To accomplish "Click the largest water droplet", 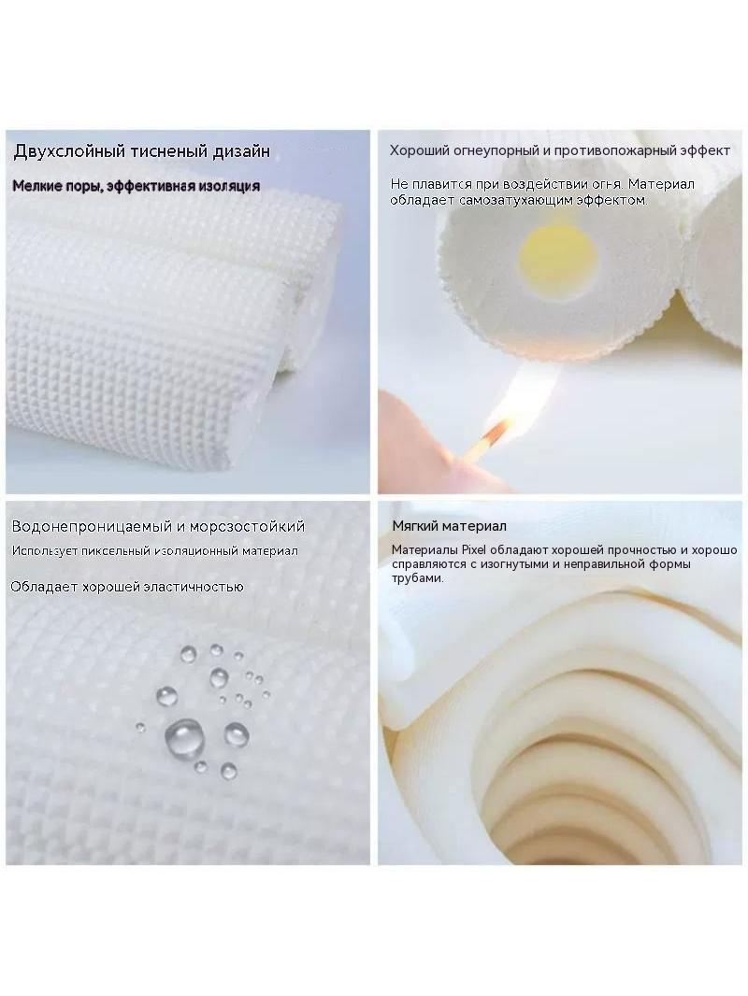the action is click(x=184, y=736).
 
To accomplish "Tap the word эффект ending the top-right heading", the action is click(x=705, y=151).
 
